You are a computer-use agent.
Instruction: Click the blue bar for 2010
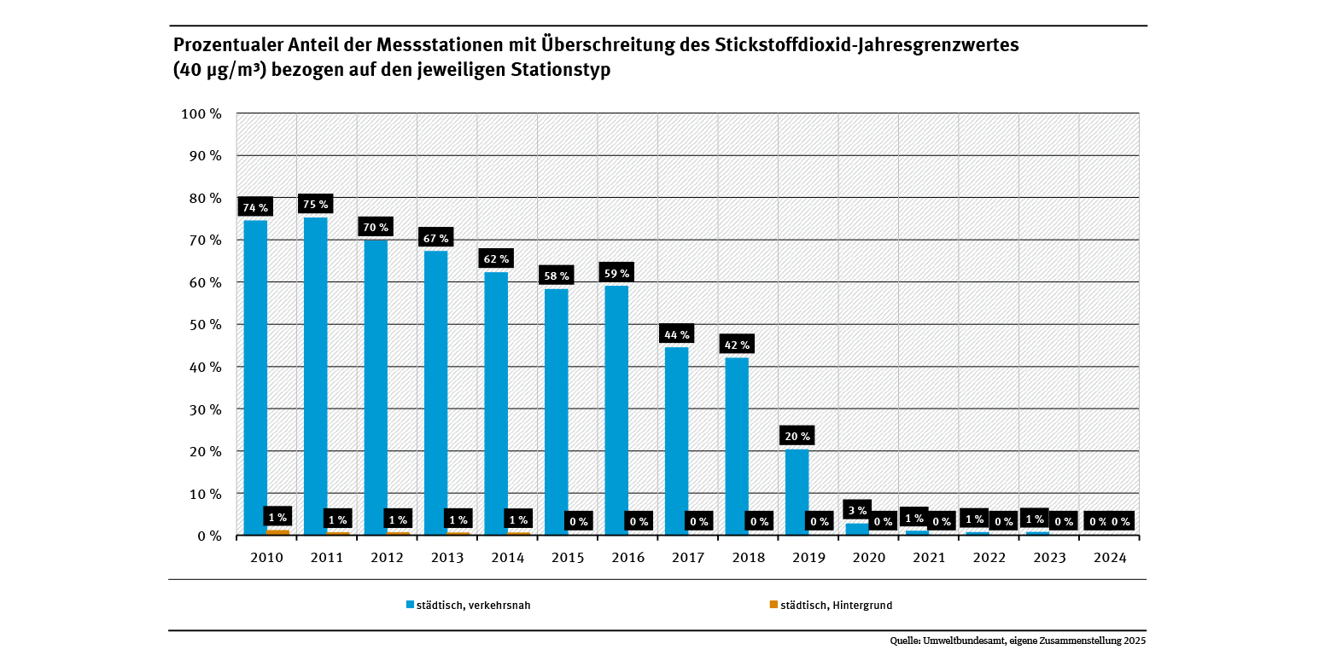[255, 378]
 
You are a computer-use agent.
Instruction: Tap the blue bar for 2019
[797, 492]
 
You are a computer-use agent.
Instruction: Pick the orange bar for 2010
[278, 532]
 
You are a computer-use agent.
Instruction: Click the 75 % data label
[315, 204]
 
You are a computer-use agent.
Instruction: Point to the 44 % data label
[676, 334]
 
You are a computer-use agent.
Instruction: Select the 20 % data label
[797, 436]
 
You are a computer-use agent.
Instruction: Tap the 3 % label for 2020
[856, 510]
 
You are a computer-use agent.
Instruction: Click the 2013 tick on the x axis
[447, 557]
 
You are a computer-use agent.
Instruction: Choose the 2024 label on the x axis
[1110, 557]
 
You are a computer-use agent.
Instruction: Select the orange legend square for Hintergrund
[773, 605]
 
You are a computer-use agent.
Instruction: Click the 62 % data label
[496, 259]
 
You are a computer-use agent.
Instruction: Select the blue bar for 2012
[376, 387]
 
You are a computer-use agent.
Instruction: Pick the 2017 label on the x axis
[688, 557]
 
